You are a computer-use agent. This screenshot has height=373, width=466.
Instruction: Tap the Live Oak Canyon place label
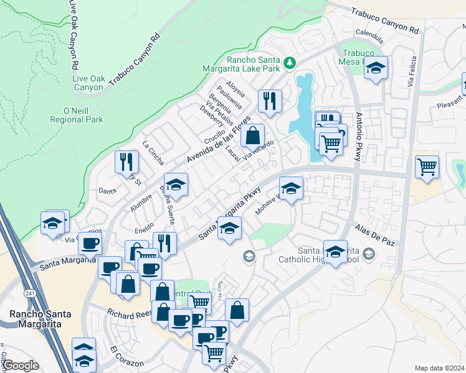coord(88,83)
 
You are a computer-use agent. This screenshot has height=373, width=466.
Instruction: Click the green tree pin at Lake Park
coord(289,62)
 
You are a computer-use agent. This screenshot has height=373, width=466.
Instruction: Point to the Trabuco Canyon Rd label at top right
coord(385,21)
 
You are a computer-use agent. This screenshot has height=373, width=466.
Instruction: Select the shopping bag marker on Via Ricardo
coord(252,135)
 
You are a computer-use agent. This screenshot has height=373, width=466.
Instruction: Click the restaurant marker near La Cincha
coord(127,161)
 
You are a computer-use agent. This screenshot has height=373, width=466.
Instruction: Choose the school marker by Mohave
coord(291,188)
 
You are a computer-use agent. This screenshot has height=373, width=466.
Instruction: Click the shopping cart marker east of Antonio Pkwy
coord(427,166)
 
